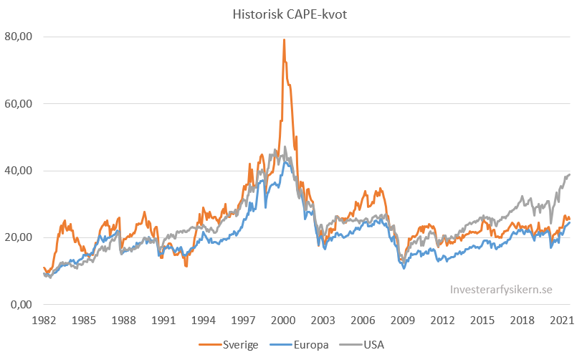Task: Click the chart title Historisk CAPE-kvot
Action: [x=290, y=14]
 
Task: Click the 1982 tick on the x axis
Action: [x=43, y=320]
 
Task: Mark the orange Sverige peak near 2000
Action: [x=284, y=39]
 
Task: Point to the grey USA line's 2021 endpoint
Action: [x=570, y=174]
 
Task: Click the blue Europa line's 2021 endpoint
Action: [x=570, y=222]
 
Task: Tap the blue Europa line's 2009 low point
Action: [x=404, y=268]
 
